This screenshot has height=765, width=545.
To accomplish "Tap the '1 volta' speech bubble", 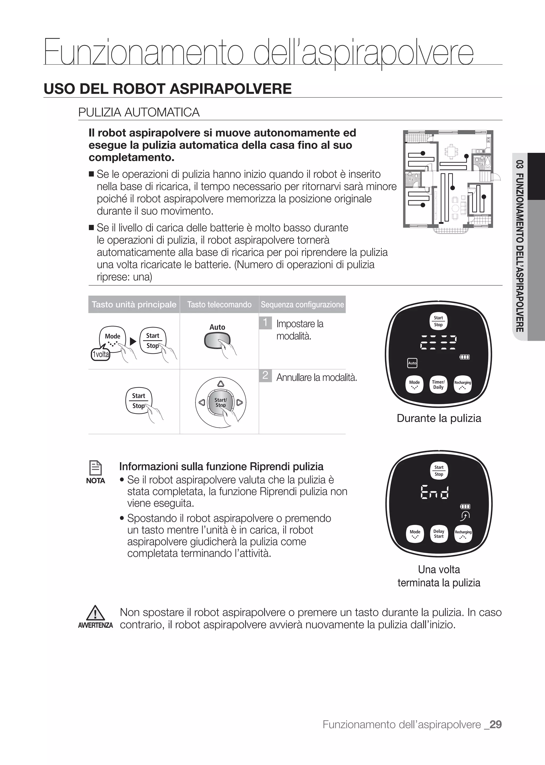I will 101,354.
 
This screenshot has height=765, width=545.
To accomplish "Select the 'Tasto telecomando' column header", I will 219,305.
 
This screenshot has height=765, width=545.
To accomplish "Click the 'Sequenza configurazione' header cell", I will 302,305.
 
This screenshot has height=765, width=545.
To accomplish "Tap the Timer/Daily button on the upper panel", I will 438,384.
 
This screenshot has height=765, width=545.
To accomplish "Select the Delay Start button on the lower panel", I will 439,534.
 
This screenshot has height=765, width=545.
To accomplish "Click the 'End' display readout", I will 435,493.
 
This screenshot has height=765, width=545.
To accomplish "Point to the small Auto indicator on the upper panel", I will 412,363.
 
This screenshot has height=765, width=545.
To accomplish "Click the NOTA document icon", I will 96,468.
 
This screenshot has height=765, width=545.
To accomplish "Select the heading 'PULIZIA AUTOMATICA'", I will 139,112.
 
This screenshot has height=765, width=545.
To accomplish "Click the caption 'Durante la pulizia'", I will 439,418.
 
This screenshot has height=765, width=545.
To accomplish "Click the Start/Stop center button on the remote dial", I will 221,402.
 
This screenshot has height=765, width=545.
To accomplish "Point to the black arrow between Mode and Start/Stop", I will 133,342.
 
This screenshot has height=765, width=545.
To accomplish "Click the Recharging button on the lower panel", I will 463,534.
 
